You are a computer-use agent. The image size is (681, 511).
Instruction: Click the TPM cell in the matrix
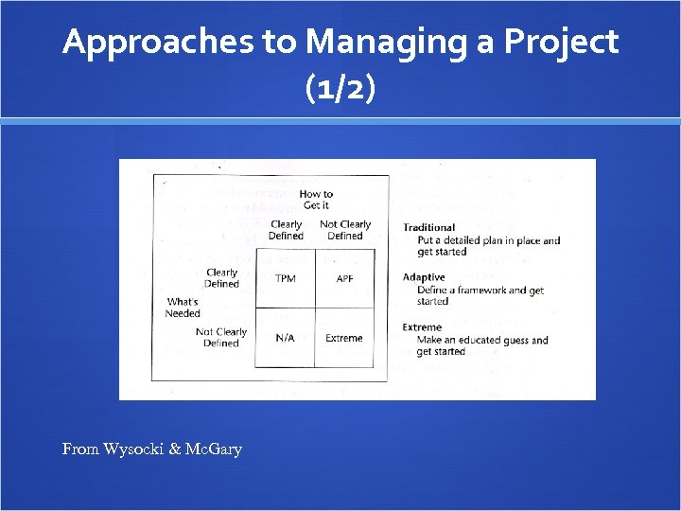pyautogui.click(x=285, y=278)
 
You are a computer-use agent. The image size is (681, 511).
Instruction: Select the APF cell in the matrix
pyautogui.click(x=344, y=278)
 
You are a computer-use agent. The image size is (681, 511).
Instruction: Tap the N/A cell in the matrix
pyautogui.click(x=285, y=338)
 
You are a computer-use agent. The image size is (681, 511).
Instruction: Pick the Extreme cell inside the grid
pyautogui.click(x=344, y=338)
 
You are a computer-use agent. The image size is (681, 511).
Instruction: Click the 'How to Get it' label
pyautogui.click(x=316, y=200)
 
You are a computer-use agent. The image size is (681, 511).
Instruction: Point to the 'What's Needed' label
pyautogui.click(x=183, y=308)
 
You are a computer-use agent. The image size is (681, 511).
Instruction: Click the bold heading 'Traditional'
pyautogui.click(x=428, y=227)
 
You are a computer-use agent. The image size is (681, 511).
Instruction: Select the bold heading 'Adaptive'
pyautogui.click(x=424, y=277)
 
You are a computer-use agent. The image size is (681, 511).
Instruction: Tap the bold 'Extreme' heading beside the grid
pyautogui.click(x=422, y=327)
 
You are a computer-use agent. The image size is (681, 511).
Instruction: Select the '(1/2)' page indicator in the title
pyautogui.click(x=340, y=89)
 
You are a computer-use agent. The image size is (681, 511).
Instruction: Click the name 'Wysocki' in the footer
pyautogui.click(x=133, y=449)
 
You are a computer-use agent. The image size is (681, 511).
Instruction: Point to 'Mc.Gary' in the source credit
pyautogui.click(x=215, y=449)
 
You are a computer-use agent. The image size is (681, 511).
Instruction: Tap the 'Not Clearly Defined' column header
pyautogui.click(x=345, y=230)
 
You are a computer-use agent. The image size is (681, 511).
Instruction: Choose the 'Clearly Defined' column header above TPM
pyautogui.click(x=286, y=230)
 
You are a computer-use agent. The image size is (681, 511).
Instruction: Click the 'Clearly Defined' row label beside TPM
pyautogui.click(x=221, y=278)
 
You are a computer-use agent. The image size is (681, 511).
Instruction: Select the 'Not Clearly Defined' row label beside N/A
pyautogui.click(x=221, y=337)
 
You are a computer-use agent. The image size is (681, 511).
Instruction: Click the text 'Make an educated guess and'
pyautogui.click(x=482, y=340)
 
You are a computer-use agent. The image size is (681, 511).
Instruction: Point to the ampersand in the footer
pyautogui.click(x=176, y=449)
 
